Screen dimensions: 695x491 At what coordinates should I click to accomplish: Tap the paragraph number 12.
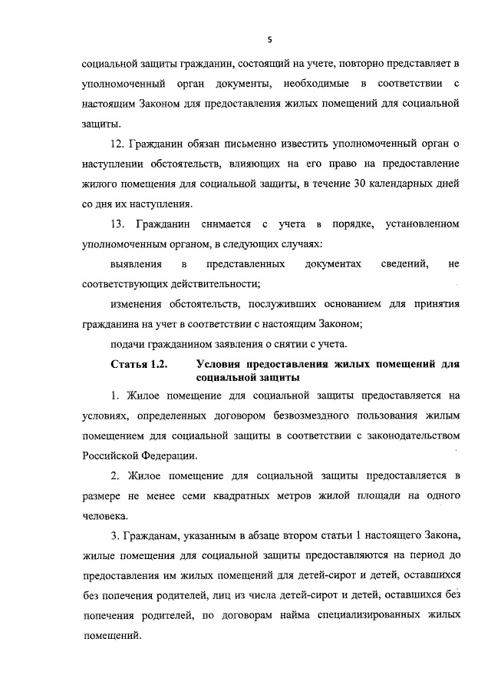(x=116, y=143)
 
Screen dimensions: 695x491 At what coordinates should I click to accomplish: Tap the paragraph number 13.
(x=117, y=223)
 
